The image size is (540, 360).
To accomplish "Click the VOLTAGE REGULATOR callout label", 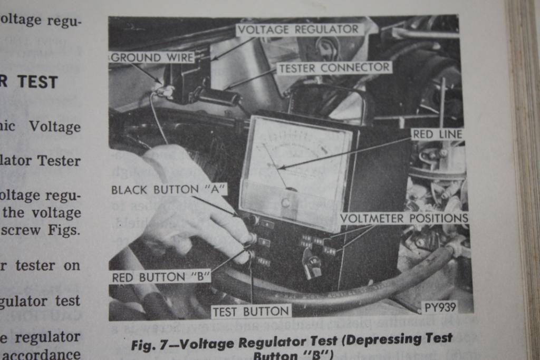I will coord(298,30).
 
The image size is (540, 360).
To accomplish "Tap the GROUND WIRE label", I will coord(152,57).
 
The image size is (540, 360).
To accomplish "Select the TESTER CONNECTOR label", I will coord(334,68).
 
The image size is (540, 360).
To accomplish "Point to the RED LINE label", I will coord(437,134).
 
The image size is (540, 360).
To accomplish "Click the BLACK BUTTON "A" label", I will coord(168,190).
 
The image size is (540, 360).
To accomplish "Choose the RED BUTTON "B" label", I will coord(161,277).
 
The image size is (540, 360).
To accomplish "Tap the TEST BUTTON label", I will coord(250,312).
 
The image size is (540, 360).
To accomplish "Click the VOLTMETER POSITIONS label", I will coord(403,218).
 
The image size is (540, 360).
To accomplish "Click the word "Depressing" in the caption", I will coord(378,339).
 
